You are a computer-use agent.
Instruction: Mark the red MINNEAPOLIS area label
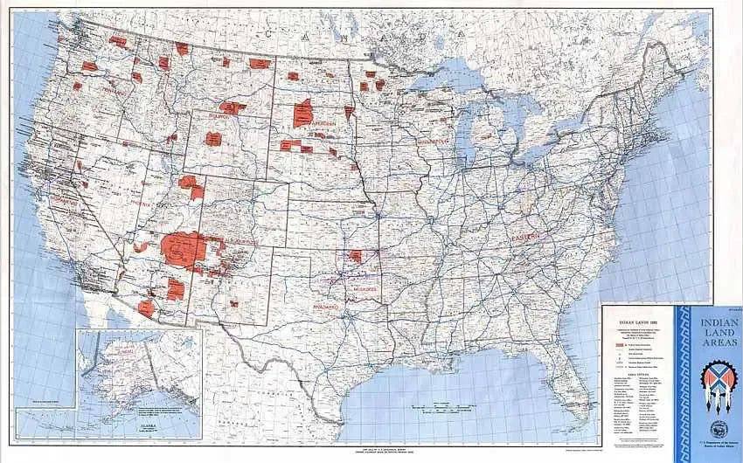(432, 141)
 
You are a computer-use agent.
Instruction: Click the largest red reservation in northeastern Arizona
(184, 249)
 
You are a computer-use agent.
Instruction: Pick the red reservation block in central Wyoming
(213, 138)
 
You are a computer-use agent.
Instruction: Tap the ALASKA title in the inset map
(146, 427)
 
